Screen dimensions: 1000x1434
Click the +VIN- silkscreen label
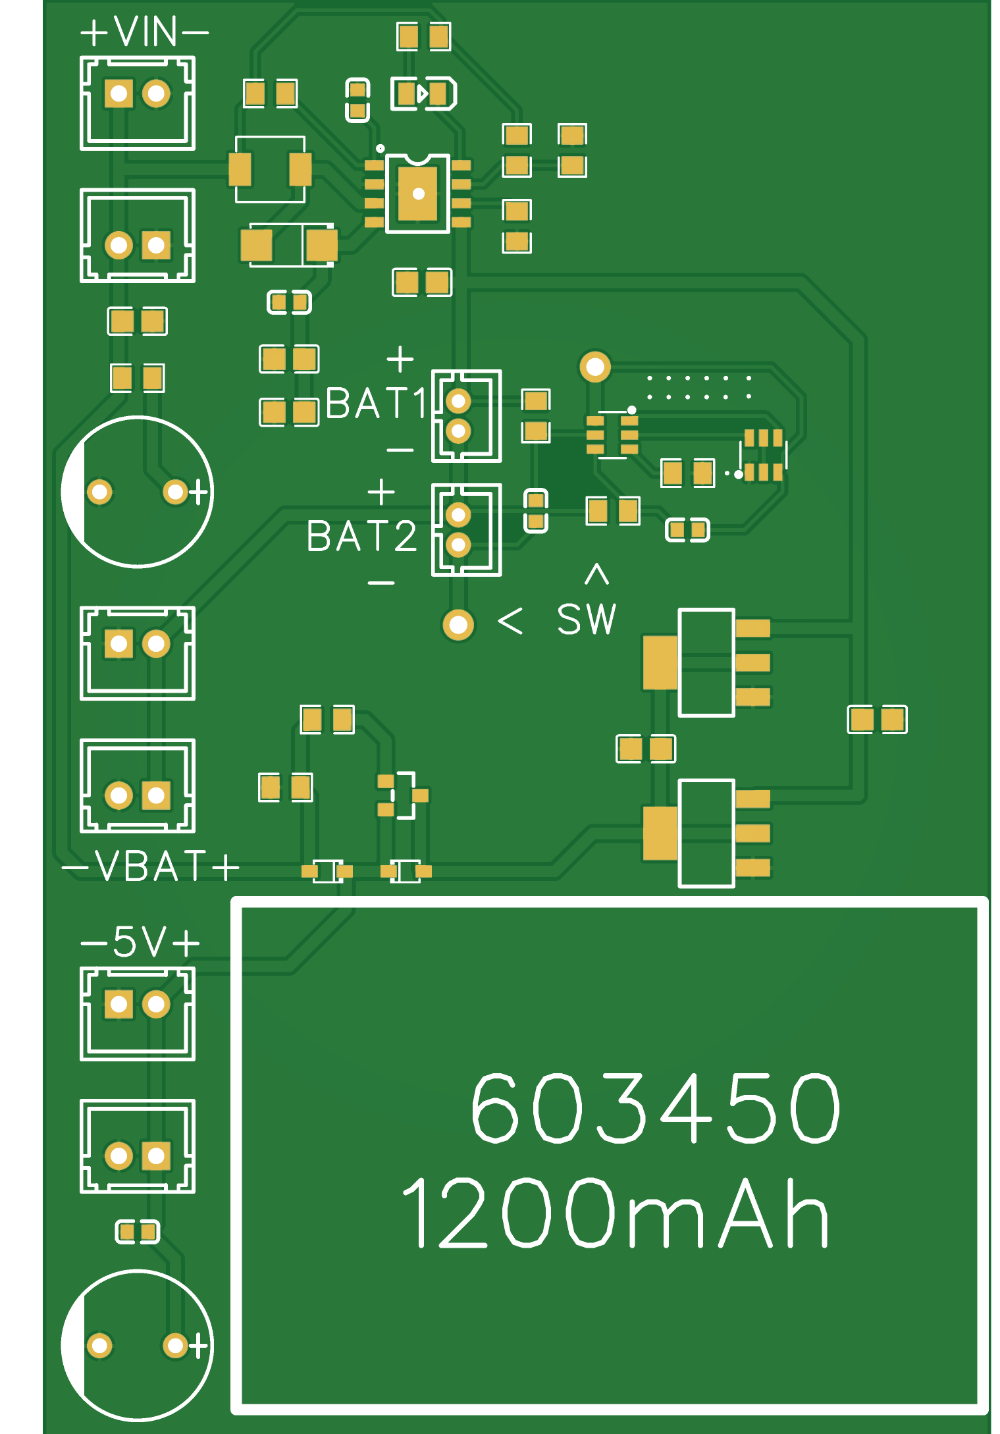coord(144,32)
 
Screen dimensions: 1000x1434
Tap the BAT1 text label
coord(376,403)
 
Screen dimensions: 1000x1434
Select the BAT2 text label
coord(361,536)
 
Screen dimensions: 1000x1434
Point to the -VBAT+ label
coord(150,866)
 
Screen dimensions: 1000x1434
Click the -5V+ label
coord(140,942)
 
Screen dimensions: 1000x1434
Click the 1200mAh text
coord(615,1213)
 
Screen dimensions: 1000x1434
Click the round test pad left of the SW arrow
coord(458,625)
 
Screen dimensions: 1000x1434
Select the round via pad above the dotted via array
coord(595,367)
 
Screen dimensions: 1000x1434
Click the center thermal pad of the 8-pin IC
coord(418,194)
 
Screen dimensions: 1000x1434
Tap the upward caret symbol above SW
coord(596,573)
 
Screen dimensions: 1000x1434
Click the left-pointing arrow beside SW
coord(510,620)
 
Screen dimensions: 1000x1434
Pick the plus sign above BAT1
coord(400,359)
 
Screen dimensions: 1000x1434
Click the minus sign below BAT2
coord(381,583)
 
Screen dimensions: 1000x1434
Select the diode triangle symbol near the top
coord(423,93)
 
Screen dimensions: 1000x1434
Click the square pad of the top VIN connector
coord(119,93)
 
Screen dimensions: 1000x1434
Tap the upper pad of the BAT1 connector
coord(458,400)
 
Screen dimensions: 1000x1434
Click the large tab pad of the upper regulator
coord(660,662)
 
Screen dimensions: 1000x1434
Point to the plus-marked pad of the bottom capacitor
coord(175,1346)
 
